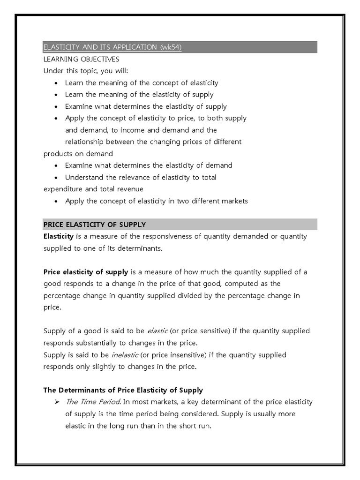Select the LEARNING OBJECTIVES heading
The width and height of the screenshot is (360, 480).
point(81,59)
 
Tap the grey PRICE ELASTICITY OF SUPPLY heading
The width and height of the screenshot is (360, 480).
point(94,225)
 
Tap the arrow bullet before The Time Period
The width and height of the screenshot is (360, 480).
point(56,402)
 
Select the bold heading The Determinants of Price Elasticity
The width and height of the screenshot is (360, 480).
point(123,390)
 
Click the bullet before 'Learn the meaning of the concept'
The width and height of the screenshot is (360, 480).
point(56,83)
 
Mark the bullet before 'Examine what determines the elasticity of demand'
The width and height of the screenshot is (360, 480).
point(56,165)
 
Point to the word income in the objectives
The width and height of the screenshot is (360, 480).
point(138,130)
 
